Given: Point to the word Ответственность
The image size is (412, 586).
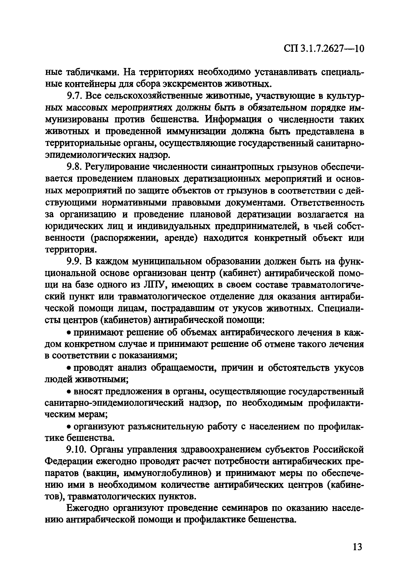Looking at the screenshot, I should coord(327,203).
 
